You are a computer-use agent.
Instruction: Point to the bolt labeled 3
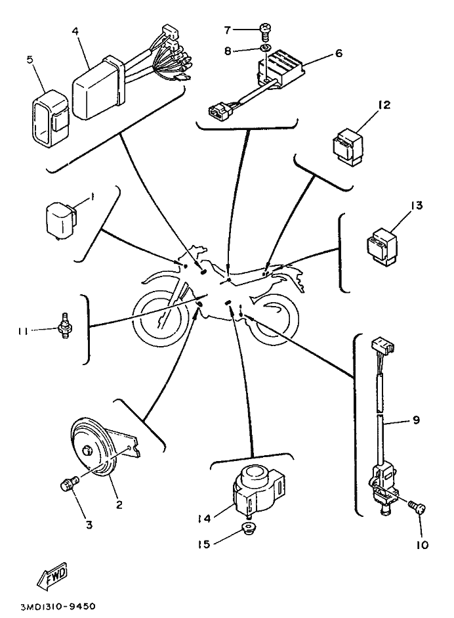click(67, 485)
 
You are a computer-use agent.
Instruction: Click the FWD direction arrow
click(52, 578)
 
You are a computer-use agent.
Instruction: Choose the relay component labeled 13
click(381, 246)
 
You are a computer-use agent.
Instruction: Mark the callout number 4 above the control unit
click(77, 31)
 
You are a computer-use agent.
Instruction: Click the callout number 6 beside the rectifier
click(339, 54)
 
